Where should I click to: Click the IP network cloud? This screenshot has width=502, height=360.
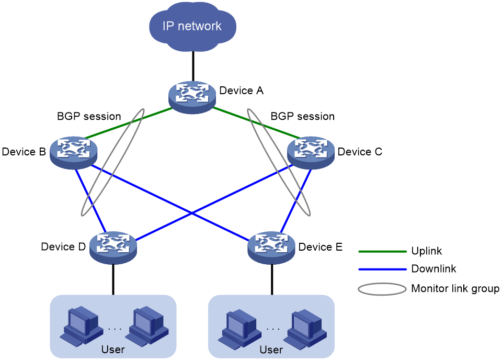193,26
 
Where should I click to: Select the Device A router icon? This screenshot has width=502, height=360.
192,97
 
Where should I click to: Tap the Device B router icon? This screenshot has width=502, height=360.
74,152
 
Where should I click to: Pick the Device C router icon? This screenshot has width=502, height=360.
311,152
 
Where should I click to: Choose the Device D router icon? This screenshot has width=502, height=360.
113,248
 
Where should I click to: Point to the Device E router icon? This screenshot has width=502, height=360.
271,248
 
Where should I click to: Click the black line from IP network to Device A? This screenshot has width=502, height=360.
193,66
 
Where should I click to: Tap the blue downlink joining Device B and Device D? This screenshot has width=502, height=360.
90,200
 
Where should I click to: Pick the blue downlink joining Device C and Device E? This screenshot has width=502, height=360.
296,201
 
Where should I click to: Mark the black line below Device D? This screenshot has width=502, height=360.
113,279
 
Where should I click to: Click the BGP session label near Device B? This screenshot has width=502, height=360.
89,116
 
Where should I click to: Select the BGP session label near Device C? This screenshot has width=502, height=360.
303,116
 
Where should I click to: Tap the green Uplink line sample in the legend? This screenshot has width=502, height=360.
382,252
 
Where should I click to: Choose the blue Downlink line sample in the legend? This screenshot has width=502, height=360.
382,269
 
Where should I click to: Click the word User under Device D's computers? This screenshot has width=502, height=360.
113,350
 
